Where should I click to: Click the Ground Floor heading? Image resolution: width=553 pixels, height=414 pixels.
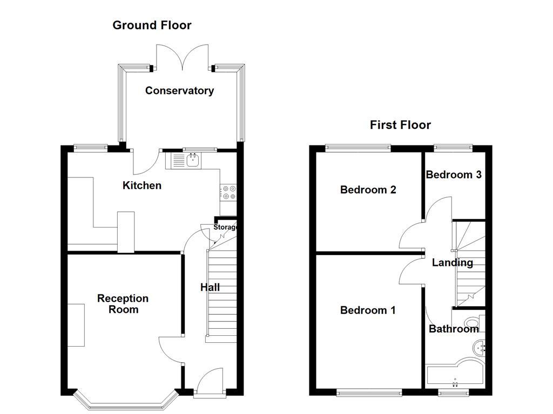point(152,25)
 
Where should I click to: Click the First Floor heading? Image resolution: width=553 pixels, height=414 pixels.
point(400,125)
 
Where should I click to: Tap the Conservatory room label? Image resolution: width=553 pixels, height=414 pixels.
point(179,91)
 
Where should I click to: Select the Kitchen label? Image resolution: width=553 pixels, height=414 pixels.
point(142,185)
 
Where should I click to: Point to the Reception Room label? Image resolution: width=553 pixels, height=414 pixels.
point(123,304)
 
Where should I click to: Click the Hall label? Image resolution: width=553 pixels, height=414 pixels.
point(210,288)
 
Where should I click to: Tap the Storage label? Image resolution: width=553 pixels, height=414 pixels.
point(225,227)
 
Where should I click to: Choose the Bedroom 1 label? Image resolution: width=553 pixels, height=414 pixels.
point(368,310)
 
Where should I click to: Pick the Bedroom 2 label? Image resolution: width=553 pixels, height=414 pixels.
point(368,190)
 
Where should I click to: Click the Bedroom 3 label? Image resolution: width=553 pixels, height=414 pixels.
point(454,175)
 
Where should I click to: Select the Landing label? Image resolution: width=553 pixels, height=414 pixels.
point(453,263)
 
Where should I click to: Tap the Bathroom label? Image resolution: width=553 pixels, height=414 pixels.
point(454,329)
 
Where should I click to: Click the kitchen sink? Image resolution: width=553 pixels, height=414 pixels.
point(192,160)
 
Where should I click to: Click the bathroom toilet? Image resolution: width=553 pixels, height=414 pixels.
point(474,326)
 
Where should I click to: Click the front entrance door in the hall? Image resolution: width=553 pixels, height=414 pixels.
point(210,382)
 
